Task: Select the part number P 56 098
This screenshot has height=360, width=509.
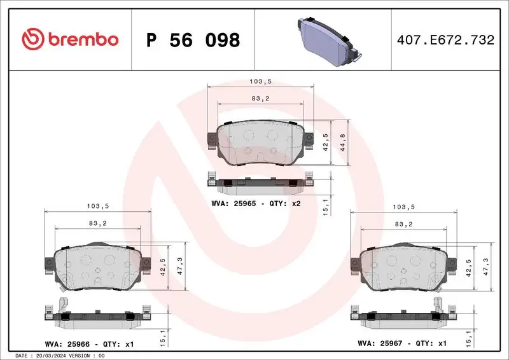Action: (x=193, y=40)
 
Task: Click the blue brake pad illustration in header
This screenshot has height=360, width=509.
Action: (x=324, y=40)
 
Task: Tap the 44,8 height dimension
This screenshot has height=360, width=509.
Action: (x=344, y=143)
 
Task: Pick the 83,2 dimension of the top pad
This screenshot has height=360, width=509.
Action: (x=260, y=98)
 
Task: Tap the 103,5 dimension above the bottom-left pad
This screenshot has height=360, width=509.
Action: (x=97, y=206)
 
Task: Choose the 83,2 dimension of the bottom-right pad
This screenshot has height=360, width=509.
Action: (x=404, y=224)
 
